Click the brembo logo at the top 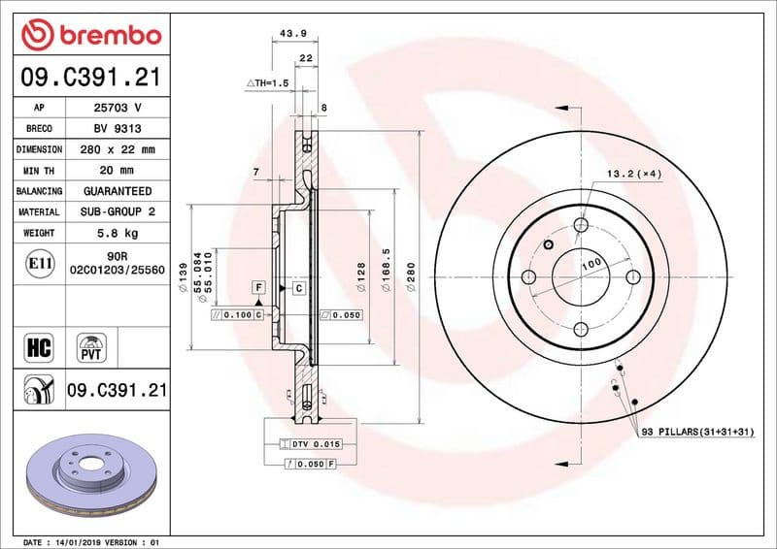pos(90,36)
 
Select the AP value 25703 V pos(117,109)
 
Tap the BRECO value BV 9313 pos(117,129)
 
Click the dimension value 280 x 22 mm pos(117,149)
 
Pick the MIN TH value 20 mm pos(117,171)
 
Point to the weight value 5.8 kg pos(117,233)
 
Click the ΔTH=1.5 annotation pos(267,84)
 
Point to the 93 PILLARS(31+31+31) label pos(697,431)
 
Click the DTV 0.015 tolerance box pos(314,443)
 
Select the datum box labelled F pos(259,287)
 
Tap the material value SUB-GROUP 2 pos(117,211)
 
